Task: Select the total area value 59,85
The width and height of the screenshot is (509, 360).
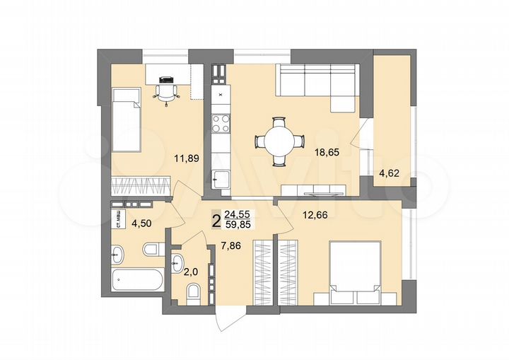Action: [238, 226]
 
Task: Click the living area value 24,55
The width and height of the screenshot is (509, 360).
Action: [238, 215]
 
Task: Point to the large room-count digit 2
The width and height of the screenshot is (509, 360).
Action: [216, 221]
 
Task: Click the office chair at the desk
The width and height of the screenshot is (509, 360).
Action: [167, 90]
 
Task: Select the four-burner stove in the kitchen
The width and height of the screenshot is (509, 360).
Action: [220, 124]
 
